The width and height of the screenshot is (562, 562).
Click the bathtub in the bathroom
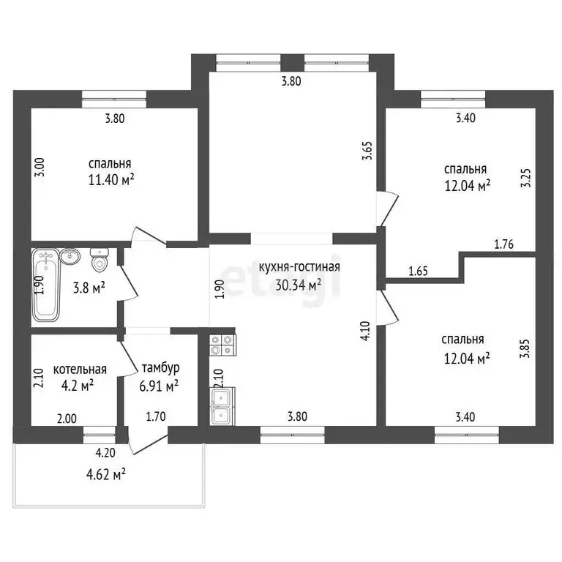tap(45, 285)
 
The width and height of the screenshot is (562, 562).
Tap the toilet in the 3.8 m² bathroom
tap(99, 260)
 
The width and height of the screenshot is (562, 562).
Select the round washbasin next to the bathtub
tap(70, 256)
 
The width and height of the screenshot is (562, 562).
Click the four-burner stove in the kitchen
tap(222, 345)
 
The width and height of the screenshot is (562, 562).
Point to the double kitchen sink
tap(222, 406)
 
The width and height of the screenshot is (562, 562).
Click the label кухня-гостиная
tap(299, 267)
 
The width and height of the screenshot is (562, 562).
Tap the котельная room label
tap(80, 369)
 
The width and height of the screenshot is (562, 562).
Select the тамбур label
tap(160, 369)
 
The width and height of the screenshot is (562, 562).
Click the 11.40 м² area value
tap(111, 179)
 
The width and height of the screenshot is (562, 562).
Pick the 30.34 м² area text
tap(299, 285)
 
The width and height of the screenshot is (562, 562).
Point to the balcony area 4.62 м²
tap(105, 475)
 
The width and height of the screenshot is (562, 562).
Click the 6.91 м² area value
tap(159, 386)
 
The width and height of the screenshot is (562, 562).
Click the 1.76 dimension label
tap(504, 244)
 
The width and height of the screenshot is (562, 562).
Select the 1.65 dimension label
tap(419, 271)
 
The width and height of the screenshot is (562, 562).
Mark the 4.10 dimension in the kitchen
tap(366, 331)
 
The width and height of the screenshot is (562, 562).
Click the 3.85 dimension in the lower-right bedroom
tap(526, 349)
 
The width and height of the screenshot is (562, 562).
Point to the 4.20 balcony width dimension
tap(105, 453)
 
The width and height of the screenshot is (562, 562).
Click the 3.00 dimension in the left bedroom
tap(40, 167)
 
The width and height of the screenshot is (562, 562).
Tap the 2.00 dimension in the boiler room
tap(67, 419)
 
